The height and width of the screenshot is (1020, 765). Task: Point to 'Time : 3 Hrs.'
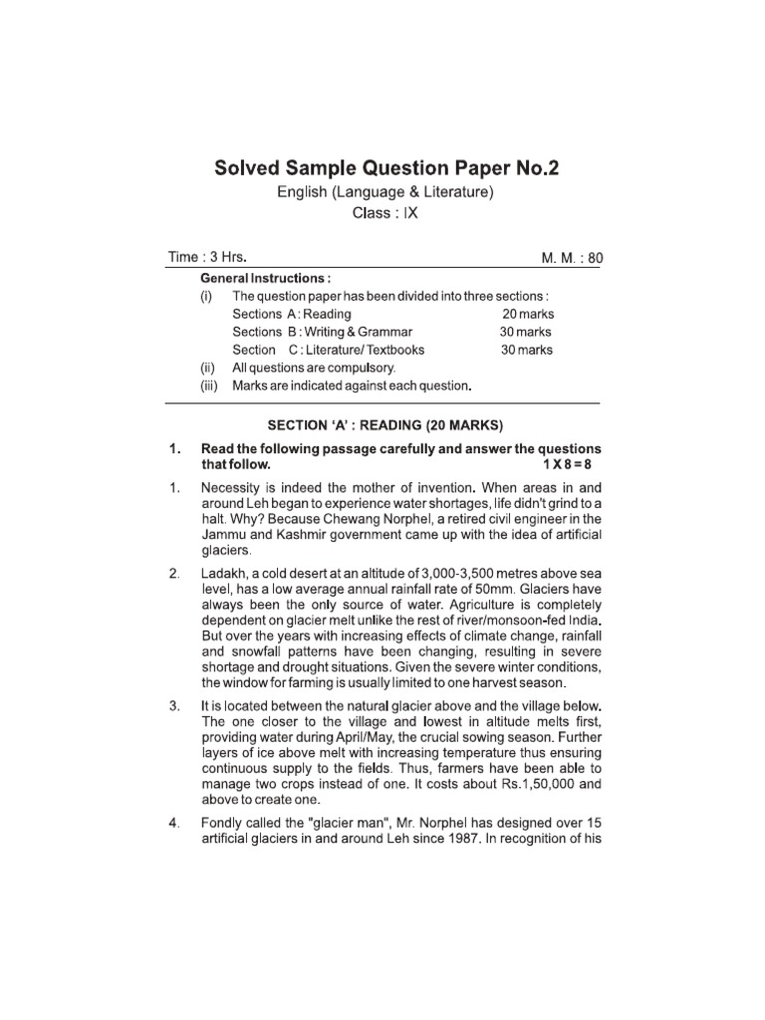tap(207, 257)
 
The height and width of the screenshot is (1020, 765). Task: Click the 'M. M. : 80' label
tap(571, 258)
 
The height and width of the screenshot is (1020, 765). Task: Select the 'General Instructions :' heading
tap(266, 278)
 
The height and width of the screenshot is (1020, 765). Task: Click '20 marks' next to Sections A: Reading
tap(527, 315)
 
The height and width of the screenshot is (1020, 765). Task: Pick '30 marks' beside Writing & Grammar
tap(526, 333)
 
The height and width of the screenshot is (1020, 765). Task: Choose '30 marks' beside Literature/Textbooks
tap(526, 350)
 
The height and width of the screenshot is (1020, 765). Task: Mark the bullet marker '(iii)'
tap(207, 385)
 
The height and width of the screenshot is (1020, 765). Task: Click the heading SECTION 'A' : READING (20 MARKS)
tap(386, 423)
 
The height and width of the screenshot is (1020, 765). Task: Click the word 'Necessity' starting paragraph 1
tap(231, 487)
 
